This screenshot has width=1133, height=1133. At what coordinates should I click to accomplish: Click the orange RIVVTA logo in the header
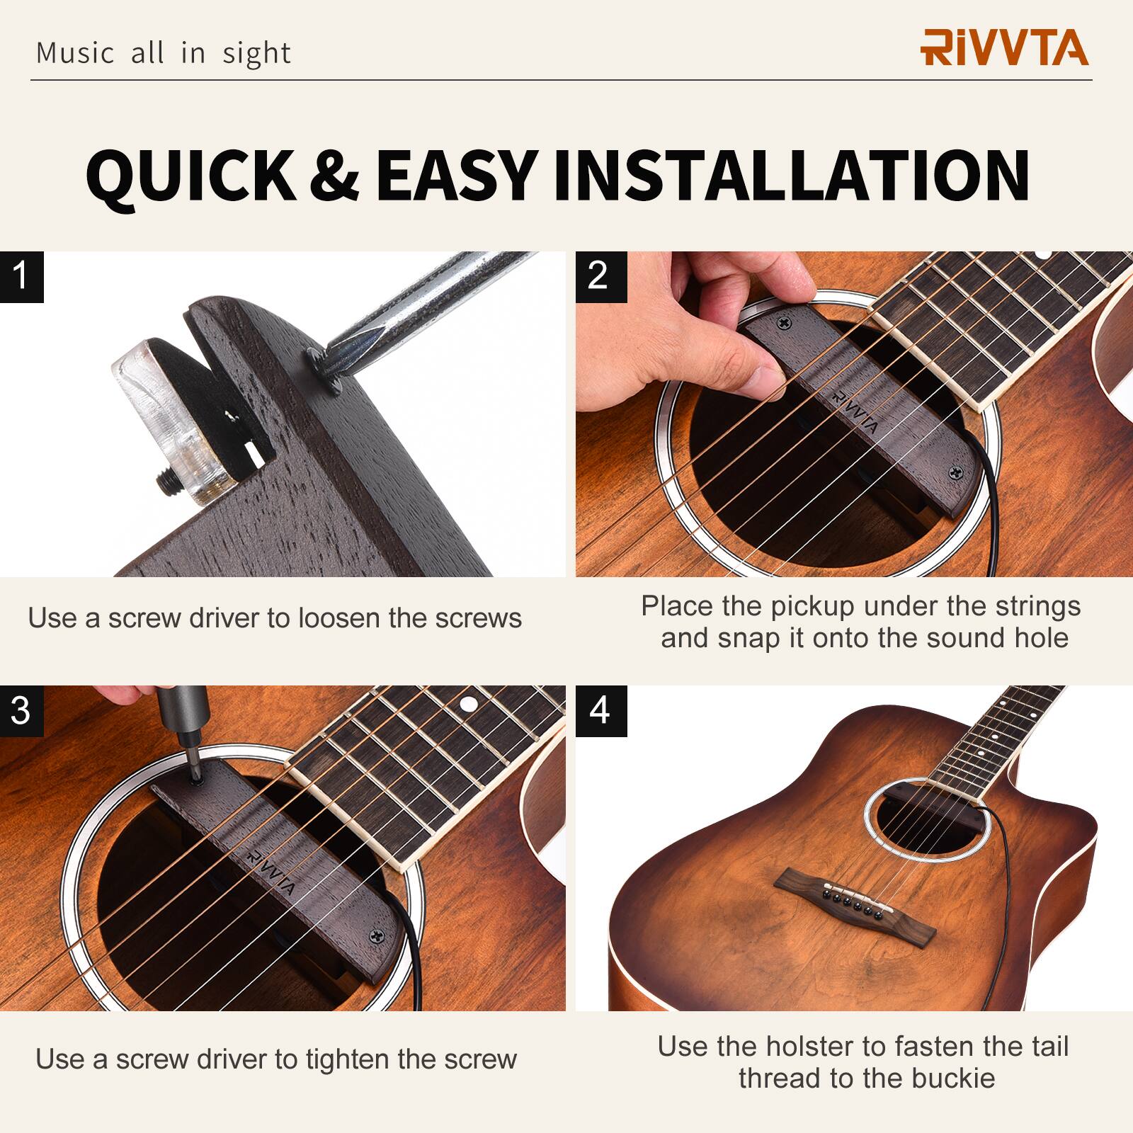click(1004, 48)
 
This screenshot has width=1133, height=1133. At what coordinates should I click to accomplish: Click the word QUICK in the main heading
click(190, 175)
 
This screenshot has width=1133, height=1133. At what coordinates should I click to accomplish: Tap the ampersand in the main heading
click(334, 175)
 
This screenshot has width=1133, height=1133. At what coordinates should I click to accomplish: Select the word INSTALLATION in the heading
click(791, 175)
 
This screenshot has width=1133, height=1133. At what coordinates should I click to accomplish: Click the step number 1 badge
click(21, 276)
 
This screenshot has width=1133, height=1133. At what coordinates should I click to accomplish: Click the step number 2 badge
click(600, 276)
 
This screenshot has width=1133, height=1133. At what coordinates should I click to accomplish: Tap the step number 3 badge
click(21, 710)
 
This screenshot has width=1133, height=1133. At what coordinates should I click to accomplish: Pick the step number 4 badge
click(600, 710)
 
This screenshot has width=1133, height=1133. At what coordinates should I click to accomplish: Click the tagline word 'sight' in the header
click(256, 54)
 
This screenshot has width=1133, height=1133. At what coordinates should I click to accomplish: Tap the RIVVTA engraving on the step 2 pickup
click(855, 411)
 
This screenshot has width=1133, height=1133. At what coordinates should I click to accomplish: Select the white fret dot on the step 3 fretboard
click(467, 704)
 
